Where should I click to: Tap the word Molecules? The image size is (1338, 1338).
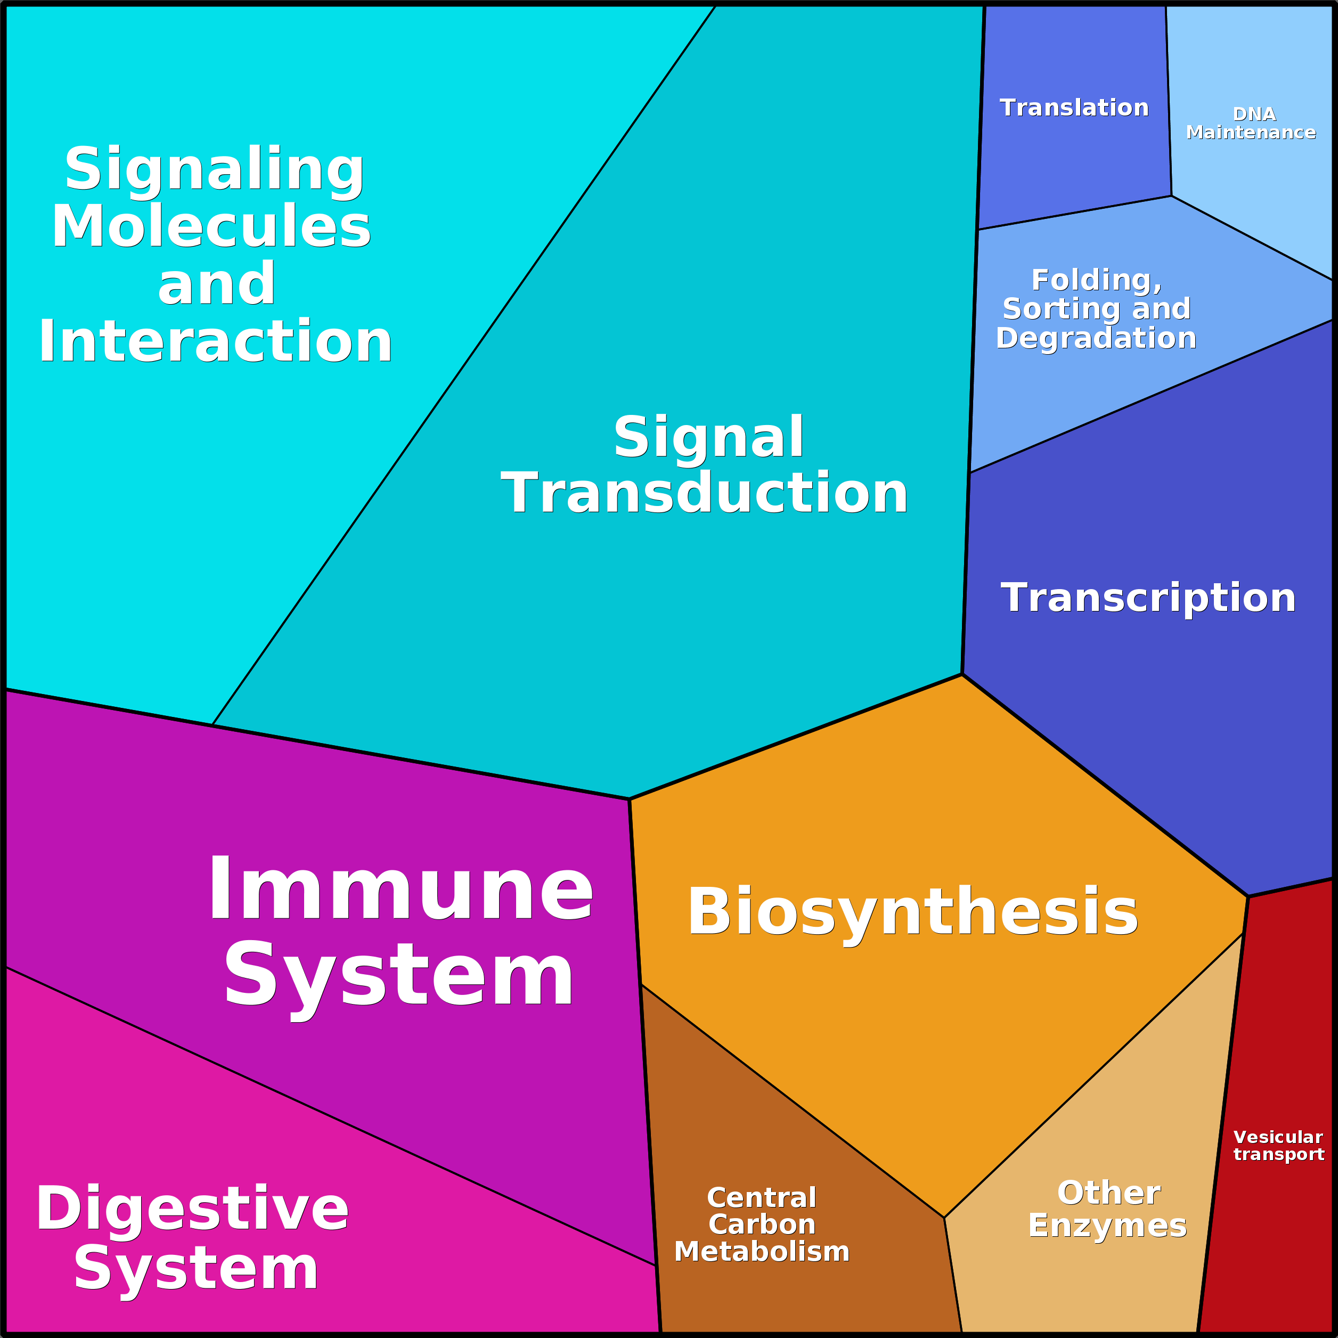click(211, 226)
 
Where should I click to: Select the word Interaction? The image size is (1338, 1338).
click(215, 341)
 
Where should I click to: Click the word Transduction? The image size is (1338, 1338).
click(704, 493)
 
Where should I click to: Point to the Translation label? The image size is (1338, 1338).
click(1074, 108)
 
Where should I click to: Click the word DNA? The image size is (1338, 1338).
click(1253, 115)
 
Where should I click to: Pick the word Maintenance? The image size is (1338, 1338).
click(1251, 132)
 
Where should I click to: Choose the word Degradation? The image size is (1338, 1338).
click(1096, 338)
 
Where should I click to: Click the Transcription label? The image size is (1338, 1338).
click(1147, 598)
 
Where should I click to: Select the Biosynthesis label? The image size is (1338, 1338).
click(912, 912)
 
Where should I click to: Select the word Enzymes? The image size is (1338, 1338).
click(1107, 1225)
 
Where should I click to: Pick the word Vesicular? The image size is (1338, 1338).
click(1278, 1137)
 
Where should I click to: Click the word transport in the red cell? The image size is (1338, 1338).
click(1278, 1154)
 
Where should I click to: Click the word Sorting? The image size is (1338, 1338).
click(1059, 309)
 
